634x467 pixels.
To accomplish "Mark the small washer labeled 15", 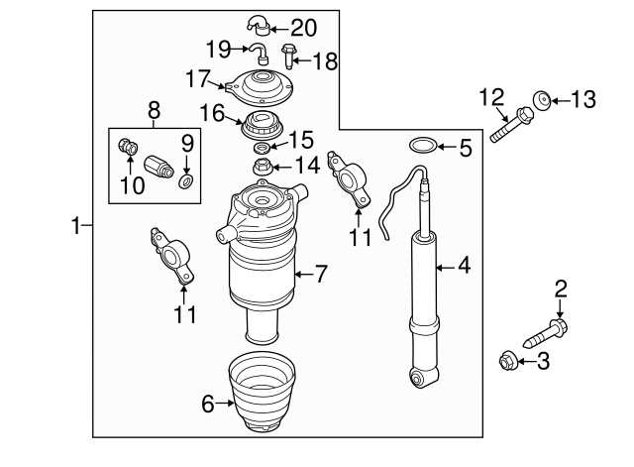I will pyautogui.click(x=262, y=149).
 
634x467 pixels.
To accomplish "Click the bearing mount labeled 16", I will pyautogui.click(x=263, y=126).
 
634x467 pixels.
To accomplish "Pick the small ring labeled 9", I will pyautogui.click(x=185, y=182).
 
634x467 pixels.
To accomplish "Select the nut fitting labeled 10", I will pyautogui.click(x=126, y=148).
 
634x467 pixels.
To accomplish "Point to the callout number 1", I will pyautogui.click(x=76, y=227).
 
